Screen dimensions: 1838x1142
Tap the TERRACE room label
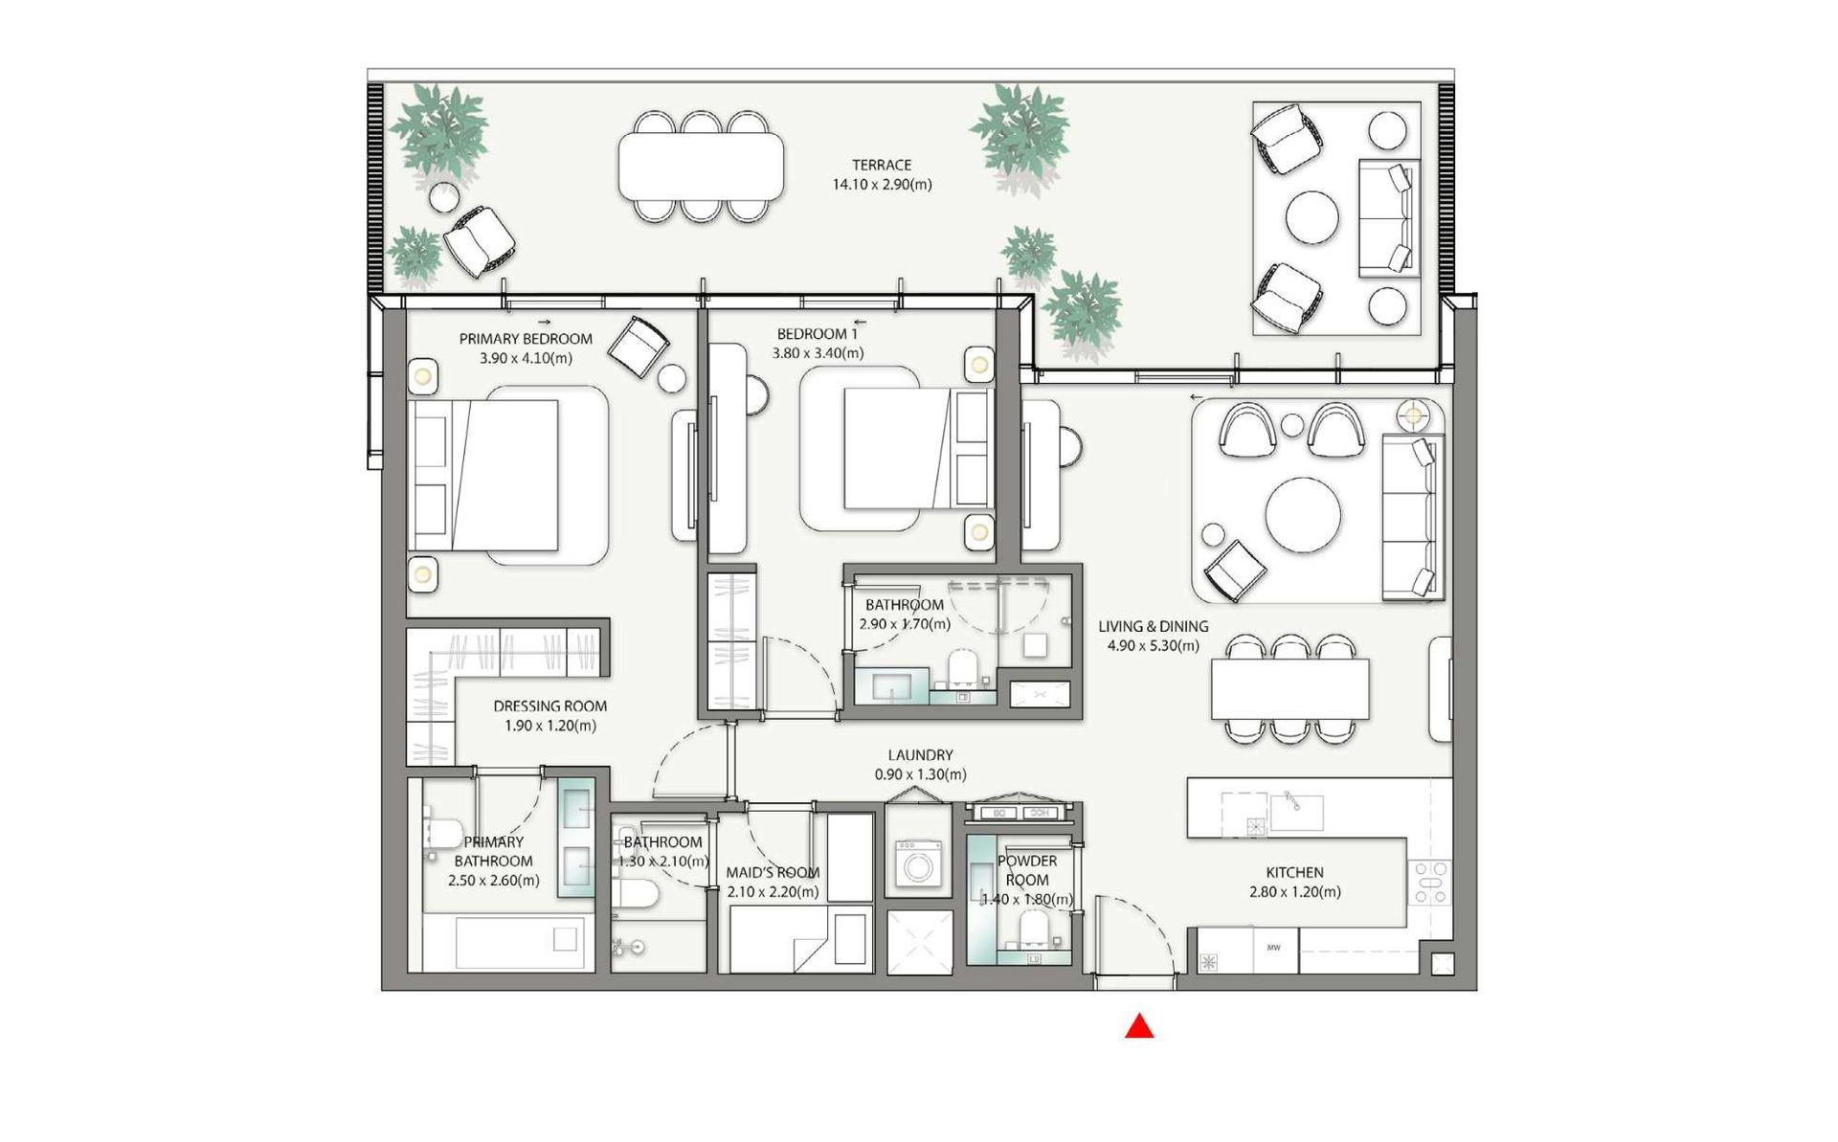882,165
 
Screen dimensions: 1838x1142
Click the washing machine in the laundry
917,862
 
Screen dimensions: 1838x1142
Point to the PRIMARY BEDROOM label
526,339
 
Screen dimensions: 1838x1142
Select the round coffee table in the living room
1303,516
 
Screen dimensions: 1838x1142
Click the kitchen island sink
1296,813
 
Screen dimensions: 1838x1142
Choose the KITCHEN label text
1295,873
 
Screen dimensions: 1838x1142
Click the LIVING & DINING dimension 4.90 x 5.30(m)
1154,645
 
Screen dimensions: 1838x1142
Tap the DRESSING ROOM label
550,706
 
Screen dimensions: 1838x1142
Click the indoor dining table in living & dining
1290,689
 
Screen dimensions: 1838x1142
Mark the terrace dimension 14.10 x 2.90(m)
882,185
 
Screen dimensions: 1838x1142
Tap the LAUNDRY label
920,755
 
